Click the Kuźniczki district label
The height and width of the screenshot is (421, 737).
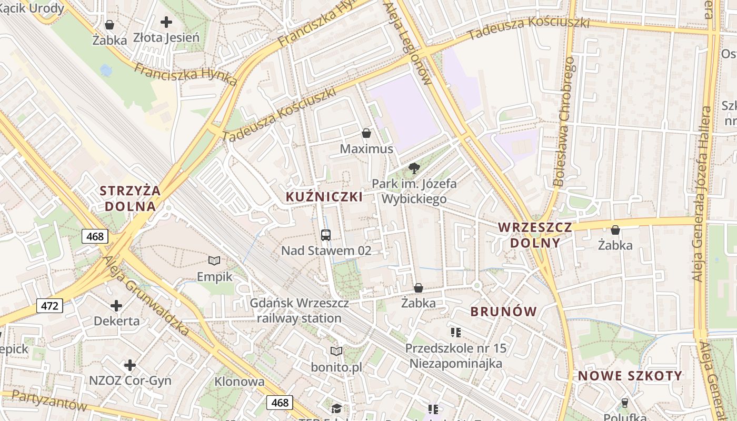pyautogui.click(x=324, y=197)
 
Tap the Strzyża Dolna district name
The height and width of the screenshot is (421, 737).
pyautogui.click(x=131, y=198)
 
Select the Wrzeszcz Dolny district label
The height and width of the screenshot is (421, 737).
pyautogui.click(x=535, y=235)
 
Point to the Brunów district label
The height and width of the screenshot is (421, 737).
pyautogui.click(x=503, y=312)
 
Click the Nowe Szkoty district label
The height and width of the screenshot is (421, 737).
pyautogui.click(x=630, y=376)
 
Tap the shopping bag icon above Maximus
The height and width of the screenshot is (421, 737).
pyautogui.click(x=366, y=134)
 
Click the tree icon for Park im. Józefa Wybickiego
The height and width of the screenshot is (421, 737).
pyautogui.click(x=414, y=168)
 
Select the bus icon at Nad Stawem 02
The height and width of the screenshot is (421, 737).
pyautogui.click(x=326, y=235)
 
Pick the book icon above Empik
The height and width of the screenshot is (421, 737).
pyautogui.click(x=214, y=260)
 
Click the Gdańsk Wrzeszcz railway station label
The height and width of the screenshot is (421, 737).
pyautogui.click(x=299, y=311)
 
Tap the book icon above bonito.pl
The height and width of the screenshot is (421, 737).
pyautogui.click(x=336, y=351)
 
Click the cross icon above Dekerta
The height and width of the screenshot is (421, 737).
pyautogui.click(x=116, y=306)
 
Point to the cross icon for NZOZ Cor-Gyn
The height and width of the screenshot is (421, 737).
pyautogui.click(x=130, y=365)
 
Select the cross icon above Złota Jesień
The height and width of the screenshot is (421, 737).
pyautogui.click(x=166, y=22)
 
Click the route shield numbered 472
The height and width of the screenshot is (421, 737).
pyautogui.click(x=50, y=305)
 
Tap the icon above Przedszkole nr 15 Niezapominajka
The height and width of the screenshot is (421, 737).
pyautogui.click(x=456, y=333)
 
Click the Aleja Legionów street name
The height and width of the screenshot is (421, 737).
pyautogui.click(x=408, y=42)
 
